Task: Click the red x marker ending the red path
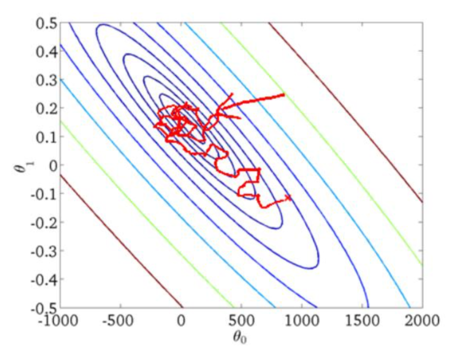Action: (x=288, y=197)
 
